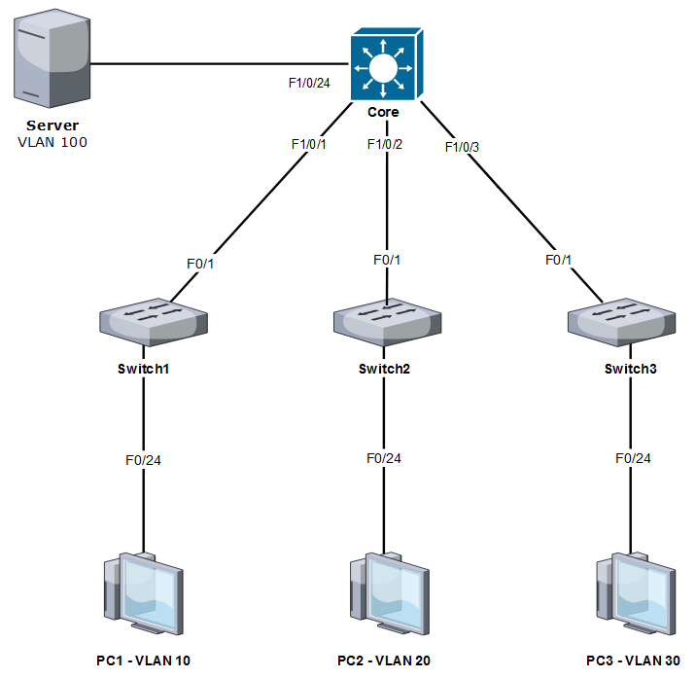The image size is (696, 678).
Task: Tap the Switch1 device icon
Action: pos(153,323)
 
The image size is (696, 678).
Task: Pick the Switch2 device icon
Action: pos(387,324)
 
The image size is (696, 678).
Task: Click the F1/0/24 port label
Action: pos(309,83)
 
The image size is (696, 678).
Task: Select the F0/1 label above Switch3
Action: pos(560,260)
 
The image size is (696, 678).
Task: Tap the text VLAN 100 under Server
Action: pos(52,142)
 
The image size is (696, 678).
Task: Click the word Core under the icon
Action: pos(383,112)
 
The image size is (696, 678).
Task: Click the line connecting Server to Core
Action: pos(214,64)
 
